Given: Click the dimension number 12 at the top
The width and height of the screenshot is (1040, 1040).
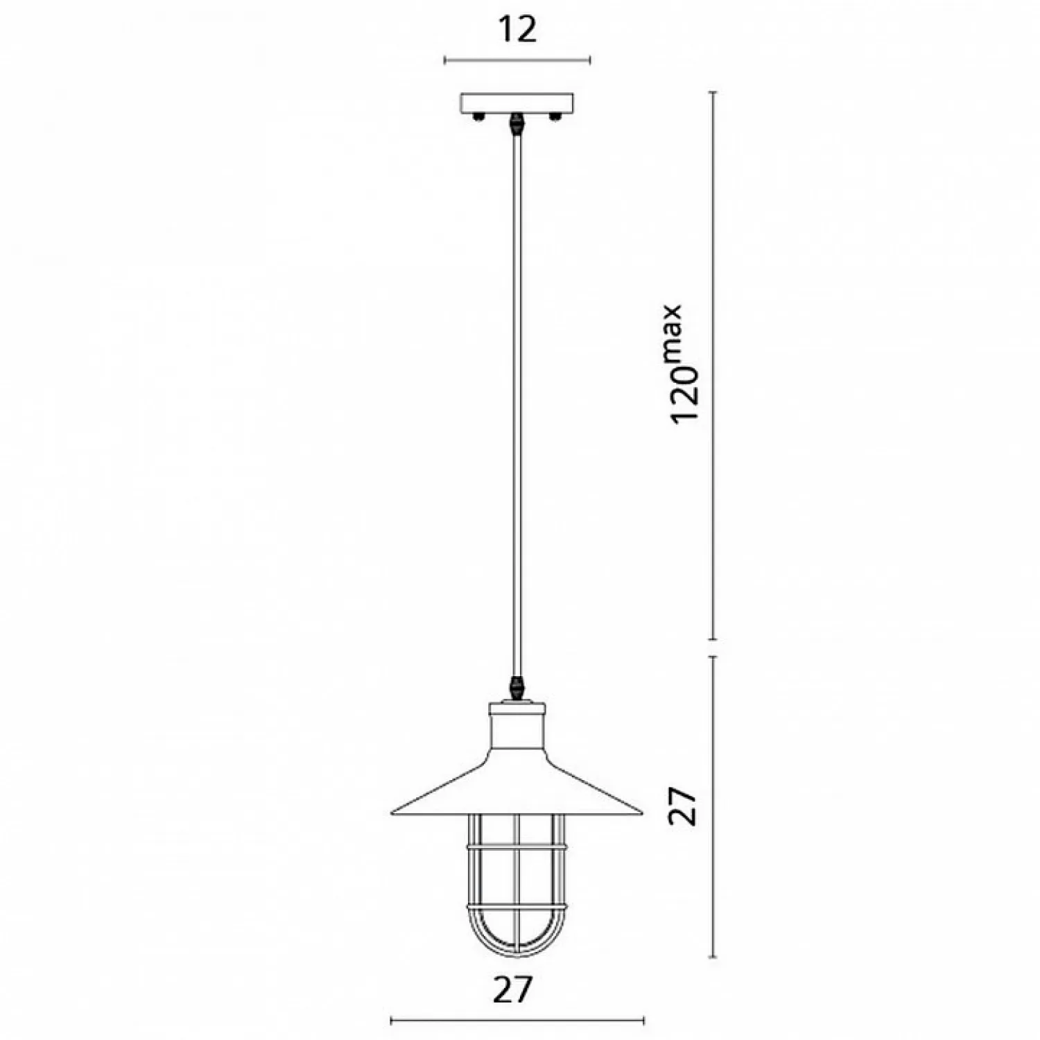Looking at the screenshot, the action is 517,30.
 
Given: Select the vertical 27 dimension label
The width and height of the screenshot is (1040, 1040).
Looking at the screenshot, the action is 682,805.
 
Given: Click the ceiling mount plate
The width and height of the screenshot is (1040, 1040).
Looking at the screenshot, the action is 517,104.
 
